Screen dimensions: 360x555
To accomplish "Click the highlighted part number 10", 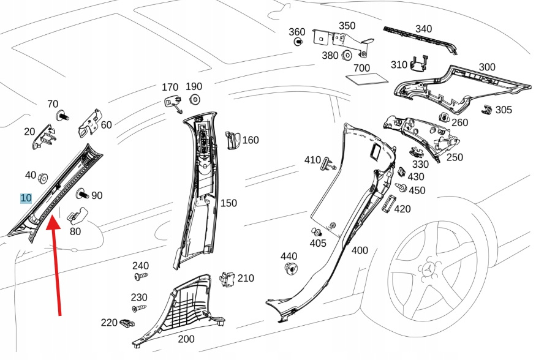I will (x=26, y=198).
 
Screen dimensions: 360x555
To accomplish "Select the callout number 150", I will (x=228, y=203).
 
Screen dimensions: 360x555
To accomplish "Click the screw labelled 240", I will (x=140, y=277).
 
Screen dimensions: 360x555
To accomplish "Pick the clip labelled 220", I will (x=127, y=323).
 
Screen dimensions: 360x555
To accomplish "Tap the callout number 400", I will (x=360, y=250).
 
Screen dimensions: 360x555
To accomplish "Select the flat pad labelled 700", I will (x=367, y=79).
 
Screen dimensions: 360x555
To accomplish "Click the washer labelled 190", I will (x=195, y=99).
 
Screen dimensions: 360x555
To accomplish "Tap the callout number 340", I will (x=423, y=29).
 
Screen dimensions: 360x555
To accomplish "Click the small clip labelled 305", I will (x=488, y=110).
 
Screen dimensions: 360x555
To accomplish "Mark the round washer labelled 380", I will (x=345, y=56).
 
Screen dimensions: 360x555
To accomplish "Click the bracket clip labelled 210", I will (x=228, y=278).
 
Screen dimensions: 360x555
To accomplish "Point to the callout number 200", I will (x=186, y=339).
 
